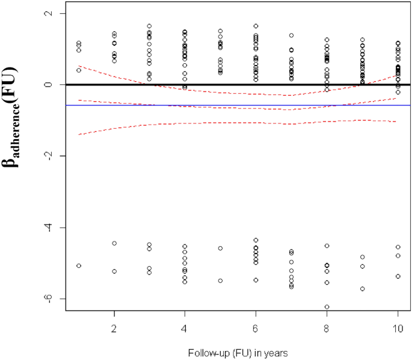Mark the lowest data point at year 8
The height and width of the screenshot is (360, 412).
click(x=327, y=307)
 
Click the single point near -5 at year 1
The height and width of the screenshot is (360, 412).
click(x=79, y=265)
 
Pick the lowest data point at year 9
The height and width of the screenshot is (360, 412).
click(x=363, y=289)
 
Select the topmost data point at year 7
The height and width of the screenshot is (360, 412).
click(x=292, y=36)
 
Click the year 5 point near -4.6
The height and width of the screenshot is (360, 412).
click(x=220, y=248)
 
